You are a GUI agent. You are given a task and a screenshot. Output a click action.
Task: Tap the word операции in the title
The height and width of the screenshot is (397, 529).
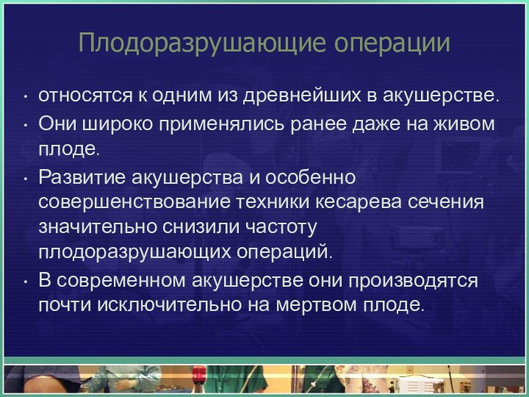tap(392, 43)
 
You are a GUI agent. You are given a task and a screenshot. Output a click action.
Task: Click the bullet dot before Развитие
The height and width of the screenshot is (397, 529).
tap(26, 179)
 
